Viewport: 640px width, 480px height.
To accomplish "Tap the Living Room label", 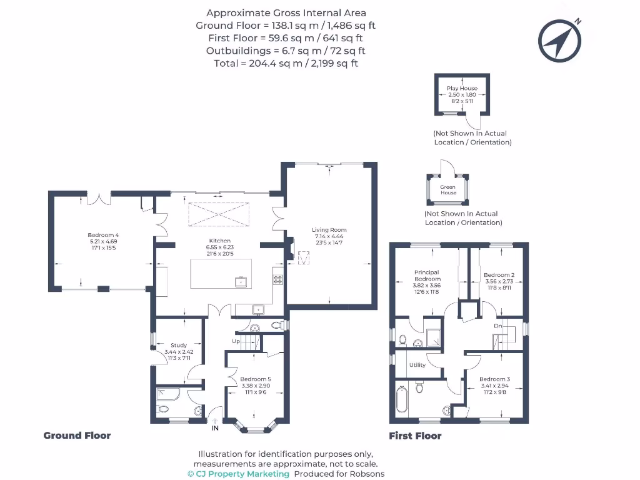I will point(329,230).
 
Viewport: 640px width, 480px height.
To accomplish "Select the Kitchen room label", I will point(219,241).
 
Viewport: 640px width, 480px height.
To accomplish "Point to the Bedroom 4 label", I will point(103,235).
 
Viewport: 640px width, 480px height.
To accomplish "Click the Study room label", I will point(179,345).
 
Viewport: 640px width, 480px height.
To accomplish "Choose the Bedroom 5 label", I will point(256,379).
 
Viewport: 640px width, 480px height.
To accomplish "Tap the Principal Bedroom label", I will point(426,276).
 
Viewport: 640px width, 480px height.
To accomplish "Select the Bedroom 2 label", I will point(499,275).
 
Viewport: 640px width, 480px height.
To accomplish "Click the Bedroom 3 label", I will point(494,379).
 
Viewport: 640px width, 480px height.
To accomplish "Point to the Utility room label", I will point(417,365).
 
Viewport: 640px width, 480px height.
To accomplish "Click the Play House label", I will point(462,89).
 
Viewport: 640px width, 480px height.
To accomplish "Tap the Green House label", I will point(448,190).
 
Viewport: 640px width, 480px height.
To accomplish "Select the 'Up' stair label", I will point(236,342).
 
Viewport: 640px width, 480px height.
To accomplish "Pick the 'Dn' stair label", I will point(498,326).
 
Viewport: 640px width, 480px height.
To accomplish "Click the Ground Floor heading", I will point(77,436).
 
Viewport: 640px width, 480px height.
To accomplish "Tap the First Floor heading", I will point(415,436).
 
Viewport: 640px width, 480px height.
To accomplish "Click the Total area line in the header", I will point(286,63).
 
